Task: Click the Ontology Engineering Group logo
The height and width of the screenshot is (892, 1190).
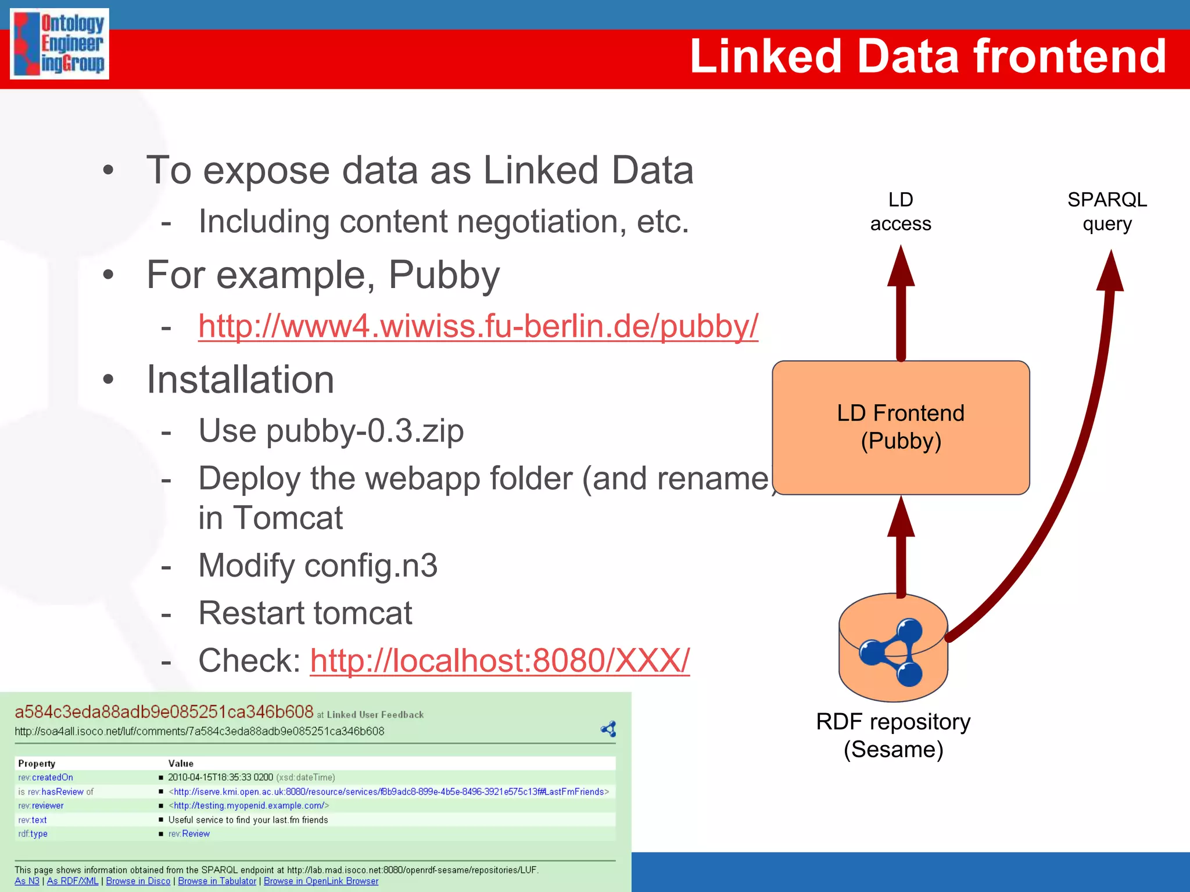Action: pos(59,44)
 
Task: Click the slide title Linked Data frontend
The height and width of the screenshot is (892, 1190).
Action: pos(927,56)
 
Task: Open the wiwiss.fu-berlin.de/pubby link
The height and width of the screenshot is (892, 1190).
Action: pos(478,326)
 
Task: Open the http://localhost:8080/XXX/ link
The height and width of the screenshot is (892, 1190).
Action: pos(500,660)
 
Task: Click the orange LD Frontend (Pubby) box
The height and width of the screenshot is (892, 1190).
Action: pos(901,427)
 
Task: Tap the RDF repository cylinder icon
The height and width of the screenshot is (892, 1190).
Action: pos(893,648)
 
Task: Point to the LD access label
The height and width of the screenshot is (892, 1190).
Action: pos(901,211)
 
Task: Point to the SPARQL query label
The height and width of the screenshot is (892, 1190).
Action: pos(1107,211)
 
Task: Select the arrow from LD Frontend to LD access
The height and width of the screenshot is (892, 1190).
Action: pos(901,308)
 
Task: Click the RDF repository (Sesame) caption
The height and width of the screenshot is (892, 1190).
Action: pos(893,735)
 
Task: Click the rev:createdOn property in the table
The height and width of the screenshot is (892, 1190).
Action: pos(46,777)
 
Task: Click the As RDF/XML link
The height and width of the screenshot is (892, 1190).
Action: pos(73,881)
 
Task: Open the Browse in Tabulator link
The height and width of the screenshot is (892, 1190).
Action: pos(217,881)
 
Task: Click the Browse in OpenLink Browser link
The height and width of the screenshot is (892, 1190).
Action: pos(321,881)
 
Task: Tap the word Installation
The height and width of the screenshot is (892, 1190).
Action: pos(241,380)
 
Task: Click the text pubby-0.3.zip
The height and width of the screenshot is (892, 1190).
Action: pos(365,431)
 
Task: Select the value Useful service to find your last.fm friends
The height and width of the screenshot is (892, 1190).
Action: pos(248,819)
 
